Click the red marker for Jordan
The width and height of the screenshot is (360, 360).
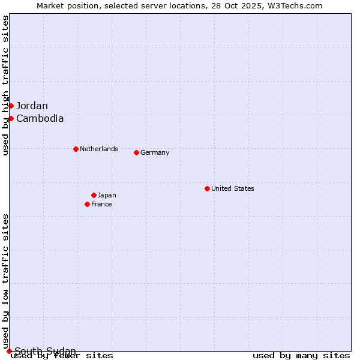coord(11,106)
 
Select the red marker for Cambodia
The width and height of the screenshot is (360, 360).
coord(11,118)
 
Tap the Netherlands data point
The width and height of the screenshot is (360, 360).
coord(76,149)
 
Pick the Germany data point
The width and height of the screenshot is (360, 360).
coord(136,152)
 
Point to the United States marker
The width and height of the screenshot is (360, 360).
coord(207,188)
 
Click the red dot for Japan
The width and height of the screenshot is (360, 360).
coord(94,195)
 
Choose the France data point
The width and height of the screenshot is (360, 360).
coord(87,204)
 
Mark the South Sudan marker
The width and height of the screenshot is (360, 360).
coord(9,351)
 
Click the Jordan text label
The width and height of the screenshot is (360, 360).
coord(32,106)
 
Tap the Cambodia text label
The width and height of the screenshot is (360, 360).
coord(40,118)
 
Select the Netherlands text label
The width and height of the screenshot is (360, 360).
coord(98,149)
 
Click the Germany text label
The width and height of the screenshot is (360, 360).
coord(155,152)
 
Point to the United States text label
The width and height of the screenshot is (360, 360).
coord(232,188)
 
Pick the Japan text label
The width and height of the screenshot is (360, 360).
coord(107,195)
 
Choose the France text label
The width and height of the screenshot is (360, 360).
coord(101,204)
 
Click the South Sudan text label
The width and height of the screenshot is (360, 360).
coord(45,351)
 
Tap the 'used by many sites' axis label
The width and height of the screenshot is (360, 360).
coord(301,356)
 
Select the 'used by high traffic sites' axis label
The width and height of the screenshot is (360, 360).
coord(5,85)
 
